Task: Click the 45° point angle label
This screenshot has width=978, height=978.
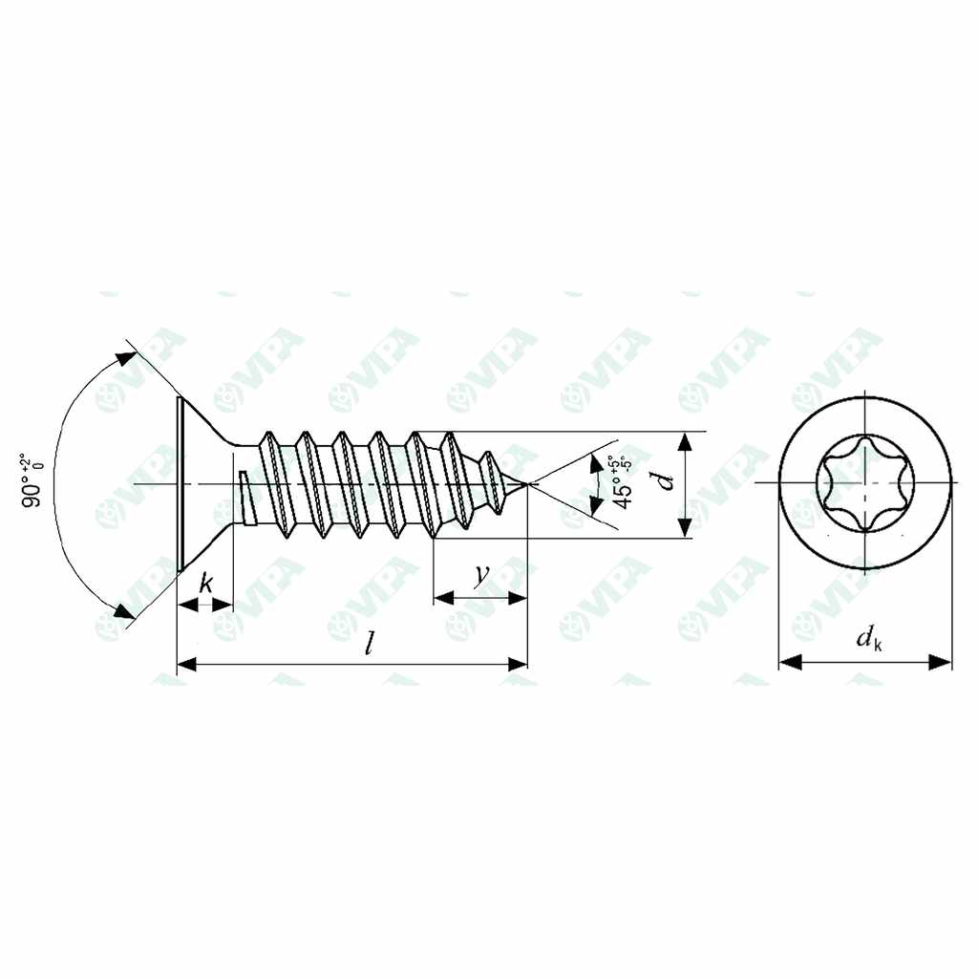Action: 621,482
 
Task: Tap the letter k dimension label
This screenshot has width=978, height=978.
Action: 205,583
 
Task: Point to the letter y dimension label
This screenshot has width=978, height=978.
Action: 481,574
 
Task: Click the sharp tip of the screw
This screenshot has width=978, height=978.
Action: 527,485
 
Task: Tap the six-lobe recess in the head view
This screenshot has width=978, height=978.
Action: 865,484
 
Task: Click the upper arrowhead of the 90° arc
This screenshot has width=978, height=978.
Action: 125,358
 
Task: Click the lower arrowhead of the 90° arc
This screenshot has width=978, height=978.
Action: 123,610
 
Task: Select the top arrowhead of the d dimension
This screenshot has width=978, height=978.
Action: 684,440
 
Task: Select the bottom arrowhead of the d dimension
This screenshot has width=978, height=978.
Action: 684,529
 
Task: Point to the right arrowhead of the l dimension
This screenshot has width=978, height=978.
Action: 520,663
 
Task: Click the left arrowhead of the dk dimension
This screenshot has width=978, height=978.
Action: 789,661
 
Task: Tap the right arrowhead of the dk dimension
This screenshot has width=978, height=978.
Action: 944,661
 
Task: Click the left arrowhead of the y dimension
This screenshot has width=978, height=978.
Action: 442,599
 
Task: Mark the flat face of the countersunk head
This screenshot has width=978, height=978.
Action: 179,485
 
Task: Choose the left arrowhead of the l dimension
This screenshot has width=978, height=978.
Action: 187,663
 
